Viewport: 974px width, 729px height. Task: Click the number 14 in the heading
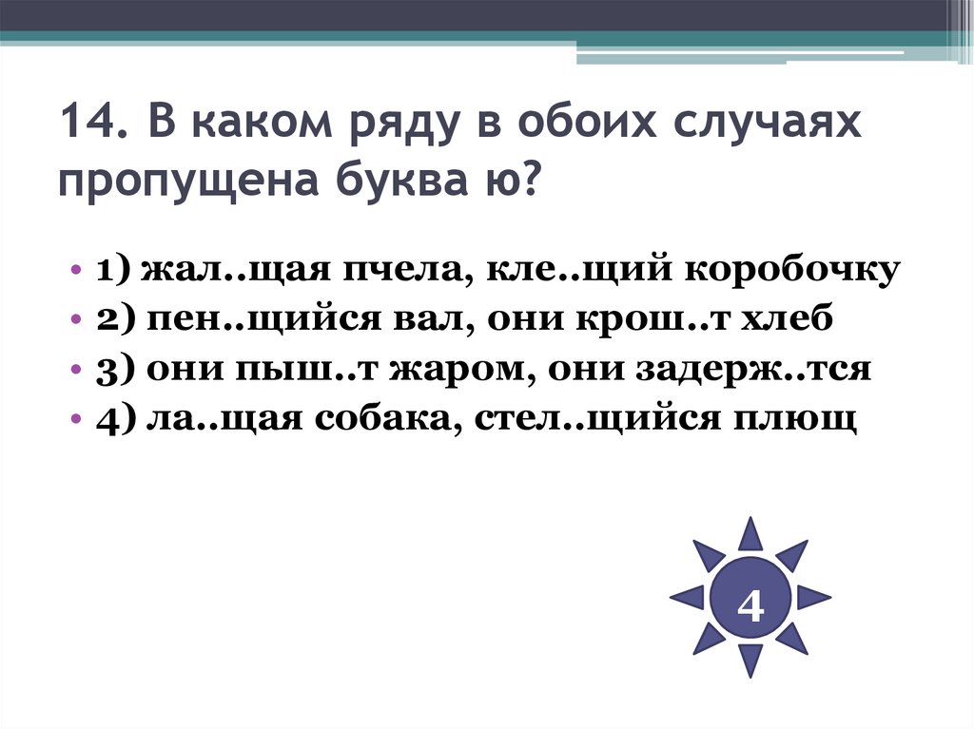[87, 125]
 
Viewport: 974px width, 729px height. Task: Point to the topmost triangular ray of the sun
[750, 535]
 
